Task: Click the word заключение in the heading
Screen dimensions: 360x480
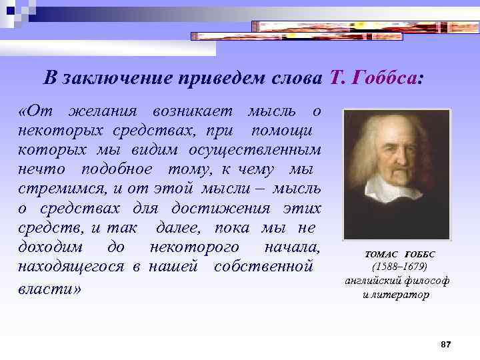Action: tap(117, 77)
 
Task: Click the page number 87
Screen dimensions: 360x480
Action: tap(446, 344)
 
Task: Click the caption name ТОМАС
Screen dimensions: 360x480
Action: tap(380, 255)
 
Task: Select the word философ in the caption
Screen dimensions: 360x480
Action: tap(426, 280)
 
